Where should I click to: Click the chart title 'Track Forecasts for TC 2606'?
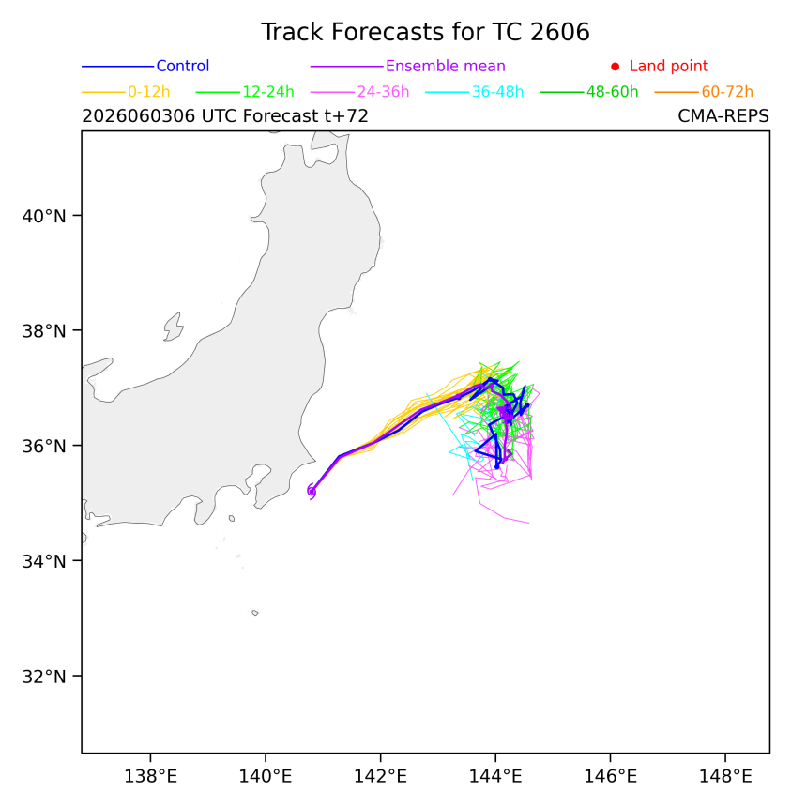[x=425, y=32]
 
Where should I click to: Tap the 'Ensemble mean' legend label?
[x=445, y=66]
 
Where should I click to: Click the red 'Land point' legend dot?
[x=615, y=67]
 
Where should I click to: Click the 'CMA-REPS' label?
[x=723, y=116]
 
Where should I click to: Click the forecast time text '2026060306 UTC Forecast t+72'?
[x=225, y=116]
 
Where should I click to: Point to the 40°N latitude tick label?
[x=44, y=216]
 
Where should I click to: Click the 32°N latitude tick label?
[x=44, y=677]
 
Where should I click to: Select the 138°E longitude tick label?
[x=151, y=776]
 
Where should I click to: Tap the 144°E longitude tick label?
[x=495, y=776]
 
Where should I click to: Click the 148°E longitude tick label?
[x=725, y=776]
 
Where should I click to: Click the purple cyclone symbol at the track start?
[x=312, y=492]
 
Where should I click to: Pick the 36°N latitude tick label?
[x=44, y=447]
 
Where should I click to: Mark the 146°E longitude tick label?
[x=610, y=776]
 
